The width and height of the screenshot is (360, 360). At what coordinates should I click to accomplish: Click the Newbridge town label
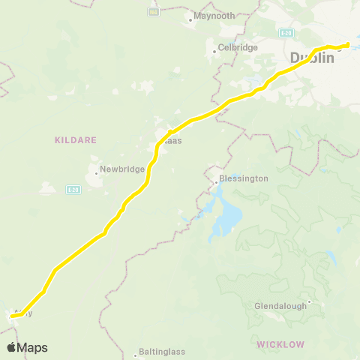point(122,169)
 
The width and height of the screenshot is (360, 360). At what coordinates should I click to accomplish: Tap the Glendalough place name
point(280,306)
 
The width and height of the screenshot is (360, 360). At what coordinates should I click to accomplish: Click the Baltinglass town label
point(162,352)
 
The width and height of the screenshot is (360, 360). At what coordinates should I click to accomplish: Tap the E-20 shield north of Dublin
point(286,33)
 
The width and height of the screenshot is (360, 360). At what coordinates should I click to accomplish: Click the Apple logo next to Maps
point(11,347)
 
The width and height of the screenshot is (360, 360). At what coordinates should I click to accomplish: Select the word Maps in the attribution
point(32,347)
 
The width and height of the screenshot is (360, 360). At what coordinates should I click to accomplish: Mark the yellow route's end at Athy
point(12,316)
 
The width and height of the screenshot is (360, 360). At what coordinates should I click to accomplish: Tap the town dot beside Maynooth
point(190,19)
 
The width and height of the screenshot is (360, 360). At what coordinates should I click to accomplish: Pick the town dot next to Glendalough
point(308,303)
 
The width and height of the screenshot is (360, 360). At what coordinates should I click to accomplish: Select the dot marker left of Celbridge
point(214,51)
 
